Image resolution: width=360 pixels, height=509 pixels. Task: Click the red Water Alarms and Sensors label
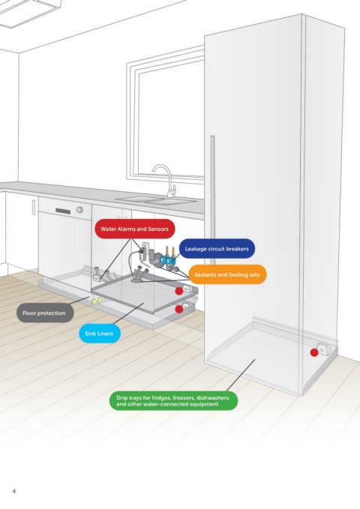(x=135, y=229)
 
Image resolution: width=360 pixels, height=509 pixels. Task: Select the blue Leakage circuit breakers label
(x=217, y=249)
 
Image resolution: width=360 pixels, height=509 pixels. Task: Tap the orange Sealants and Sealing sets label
(x=227, y=274)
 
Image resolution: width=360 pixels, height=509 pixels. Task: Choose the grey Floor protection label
(x=45, y=313)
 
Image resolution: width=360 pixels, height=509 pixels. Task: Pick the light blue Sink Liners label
(x=100, y=334)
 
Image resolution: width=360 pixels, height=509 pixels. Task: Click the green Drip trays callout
(x=173, y=401)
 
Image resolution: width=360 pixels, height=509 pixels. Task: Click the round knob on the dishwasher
(x=79, y=210)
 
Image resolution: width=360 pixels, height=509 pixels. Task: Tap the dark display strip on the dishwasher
(x=63, y=211)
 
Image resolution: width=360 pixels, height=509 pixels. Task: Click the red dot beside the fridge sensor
(x=313, y=352)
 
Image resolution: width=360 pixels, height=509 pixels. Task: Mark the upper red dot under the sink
(x=179, y=291)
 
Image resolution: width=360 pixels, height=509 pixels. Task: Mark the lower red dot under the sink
(x=179, y=310)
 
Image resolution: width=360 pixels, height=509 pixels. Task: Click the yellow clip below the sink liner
(x=97, y=301)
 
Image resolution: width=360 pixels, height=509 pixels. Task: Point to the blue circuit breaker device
(x=168, y=259)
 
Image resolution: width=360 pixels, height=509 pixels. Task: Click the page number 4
(x=14, y=491)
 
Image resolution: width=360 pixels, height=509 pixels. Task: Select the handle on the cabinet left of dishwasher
(x=34, y=207)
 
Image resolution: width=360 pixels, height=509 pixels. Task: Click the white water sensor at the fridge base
(x=323, y=350)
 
